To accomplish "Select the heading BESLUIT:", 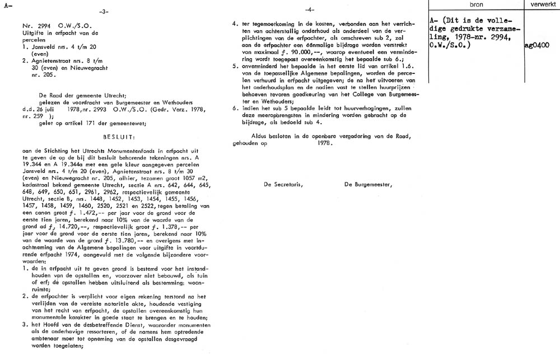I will click(119, 135).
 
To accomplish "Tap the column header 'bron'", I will click(476, 4).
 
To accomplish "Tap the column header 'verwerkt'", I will click(541, 4).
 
